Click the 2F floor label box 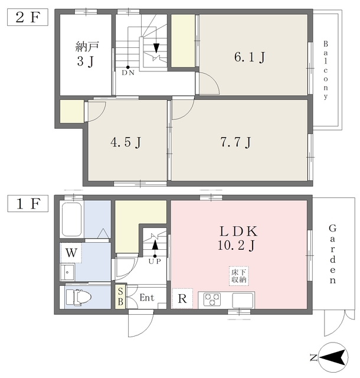pyautogui.click(x=28, y=17)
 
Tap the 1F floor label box pyautogui.click(x=28, y=204)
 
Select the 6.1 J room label pyautogui.click(x=250, y=57)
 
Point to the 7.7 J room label pyautogui.click(x=235, y=142)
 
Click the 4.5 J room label pyautogui.click(x=126, y=142)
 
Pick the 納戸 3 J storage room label pyautogui.click(x=87, y=54)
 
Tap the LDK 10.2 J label pyautogui.click(x=238, y=239)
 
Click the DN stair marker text pyautogui.click(x=128, y=73)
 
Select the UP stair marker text pyautogui.click(x=155, y=261)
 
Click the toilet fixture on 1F pyautogui.click(x=78, y=298)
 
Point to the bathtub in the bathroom pyautogui.click(x=71, y=219)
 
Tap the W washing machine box pyautogui.click(x=71, y=253)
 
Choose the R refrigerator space pyautogui.click(x=182, y=298)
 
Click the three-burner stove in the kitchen pyautogui.click(x=212, y=299)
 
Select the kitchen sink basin pyautogui.click(x=243, y=301)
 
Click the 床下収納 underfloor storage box pyautogui.click(x=239, y=276)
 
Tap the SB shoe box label pyautogui.click(x=120, y=297)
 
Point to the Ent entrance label pyautogui.click(x=147, y=298)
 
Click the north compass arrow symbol pyautogui.click(x=333, y=357)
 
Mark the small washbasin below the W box pyautogui.click(x=67, y=272)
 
